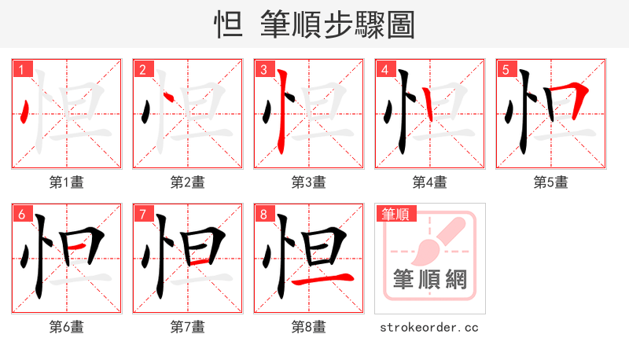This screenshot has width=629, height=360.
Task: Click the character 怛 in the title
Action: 229,24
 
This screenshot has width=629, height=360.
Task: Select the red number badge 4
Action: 384,69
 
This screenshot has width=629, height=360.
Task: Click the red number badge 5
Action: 506,69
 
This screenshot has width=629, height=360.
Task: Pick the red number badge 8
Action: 263,214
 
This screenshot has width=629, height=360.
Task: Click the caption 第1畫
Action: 66,182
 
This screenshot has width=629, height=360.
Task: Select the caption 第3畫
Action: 308,182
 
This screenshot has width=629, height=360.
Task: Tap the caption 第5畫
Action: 550,182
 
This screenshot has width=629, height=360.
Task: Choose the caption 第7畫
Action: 187,326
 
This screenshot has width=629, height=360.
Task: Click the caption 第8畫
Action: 308,326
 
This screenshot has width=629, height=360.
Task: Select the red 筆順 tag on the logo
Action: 395,213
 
